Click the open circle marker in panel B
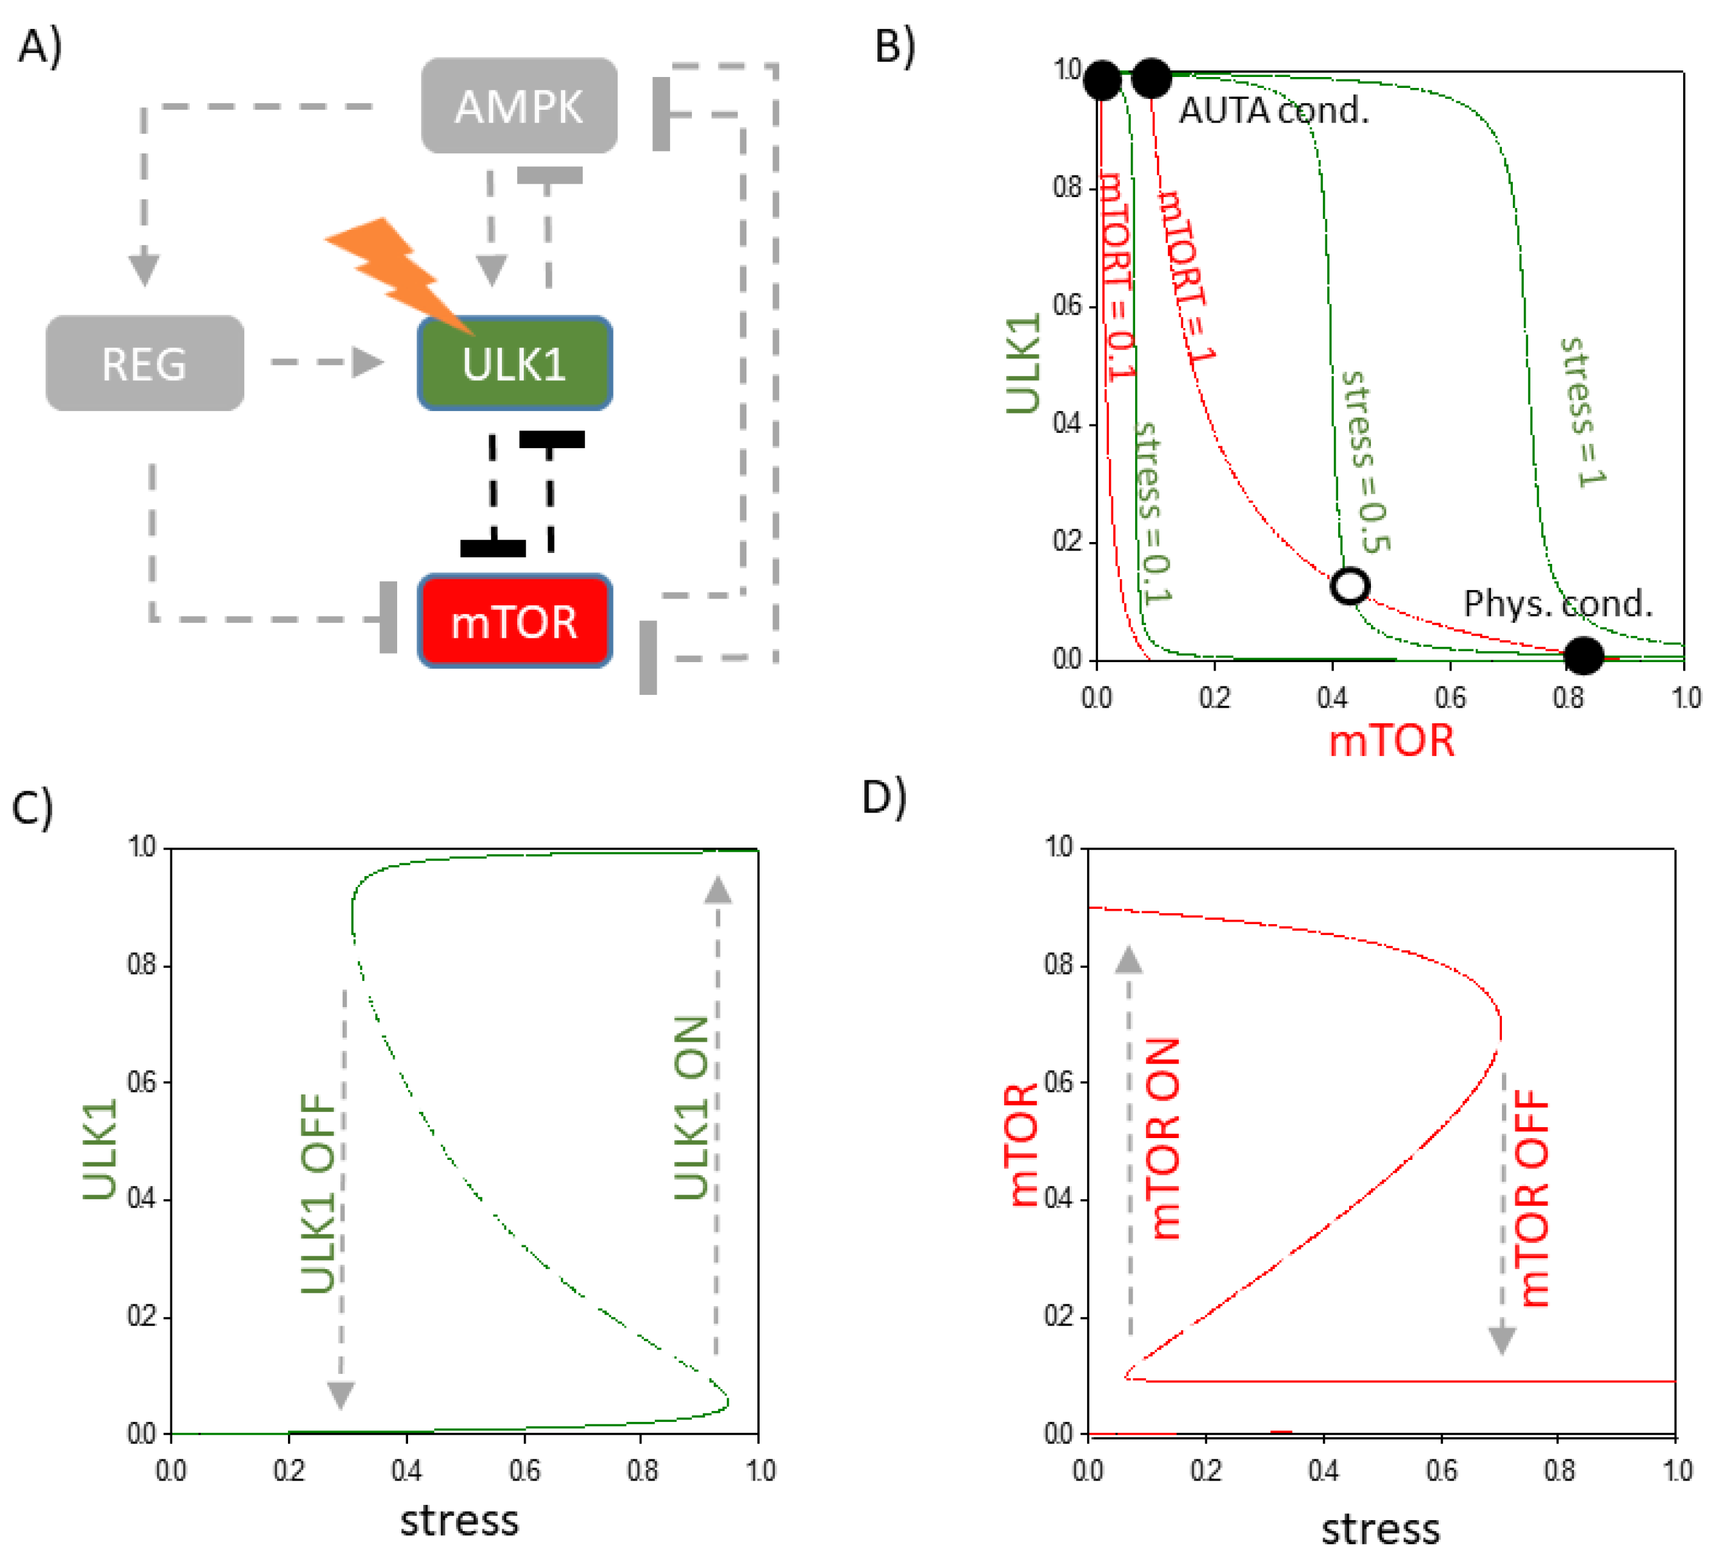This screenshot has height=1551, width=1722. (x=1349, y=586)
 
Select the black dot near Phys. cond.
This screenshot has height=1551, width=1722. (x=1583, y=655)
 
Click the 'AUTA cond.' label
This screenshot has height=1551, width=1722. (x=1273, y=111)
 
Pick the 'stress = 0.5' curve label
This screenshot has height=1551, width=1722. (x=1364, y=461)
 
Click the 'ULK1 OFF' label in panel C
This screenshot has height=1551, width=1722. (x=320, y=1193)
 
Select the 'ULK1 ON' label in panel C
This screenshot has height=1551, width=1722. (x=691, y=1107)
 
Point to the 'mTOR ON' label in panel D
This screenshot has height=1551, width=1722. (x=1164, y=1137)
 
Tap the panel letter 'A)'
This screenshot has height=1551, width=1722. (x=40, y=46)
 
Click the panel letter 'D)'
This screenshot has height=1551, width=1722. (x=883, y=797)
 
